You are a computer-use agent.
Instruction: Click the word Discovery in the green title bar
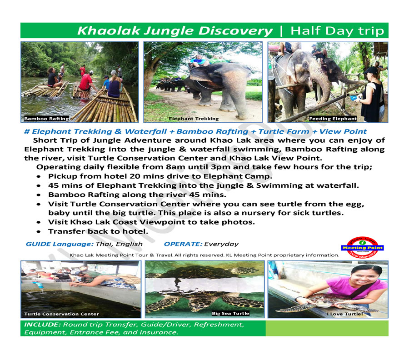pyautogui.click(x=235, y=31)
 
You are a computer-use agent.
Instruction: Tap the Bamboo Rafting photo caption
pyautogui.click(x=46, y=119)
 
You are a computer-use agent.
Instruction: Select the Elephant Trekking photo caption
pyautogui.click(x=194, y=119)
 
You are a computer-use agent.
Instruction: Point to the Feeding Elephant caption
pyautogui.click(x=333, y=119)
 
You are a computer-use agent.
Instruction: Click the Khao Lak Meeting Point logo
pyautogui.click(x=363, y=247)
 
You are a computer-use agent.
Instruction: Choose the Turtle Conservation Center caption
pyautogui.click(x=61, y=314)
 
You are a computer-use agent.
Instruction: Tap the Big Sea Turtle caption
pyautogui.click(x=230, y=313)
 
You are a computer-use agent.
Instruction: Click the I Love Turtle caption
pyautogui.click(x=345, y=314)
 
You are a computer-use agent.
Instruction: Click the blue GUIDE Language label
pyautogui.click(x=60, y=244)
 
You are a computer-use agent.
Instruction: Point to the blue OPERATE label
pyautogui.click(x=183, y=244)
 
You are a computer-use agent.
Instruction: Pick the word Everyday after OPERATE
pyautogui.click(x=221, y=244)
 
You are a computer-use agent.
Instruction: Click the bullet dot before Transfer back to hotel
pyautogui.click(x=39, y=231)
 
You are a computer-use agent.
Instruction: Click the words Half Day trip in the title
pyautogui.click(x=337, y=31)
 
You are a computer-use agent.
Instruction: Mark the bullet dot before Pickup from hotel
pyautogui.click(x=39, y=176)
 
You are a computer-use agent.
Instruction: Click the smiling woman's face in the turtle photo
pyautogui.click(x=363, y=278)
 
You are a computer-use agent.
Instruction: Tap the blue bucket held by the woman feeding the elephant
pyautogui.click(x=354, y=98)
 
